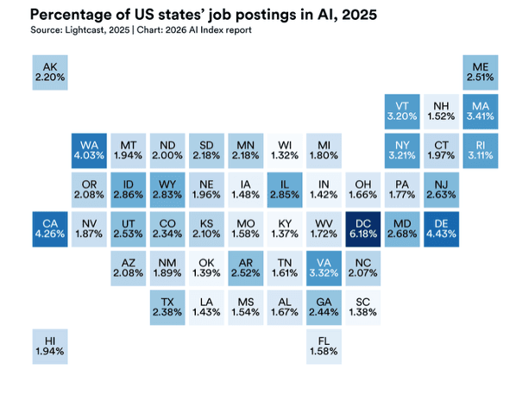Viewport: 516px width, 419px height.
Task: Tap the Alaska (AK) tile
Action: coord(48,72)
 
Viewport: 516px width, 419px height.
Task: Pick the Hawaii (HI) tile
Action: coord(48,345)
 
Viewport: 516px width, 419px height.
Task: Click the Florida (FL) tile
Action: coord(324,345)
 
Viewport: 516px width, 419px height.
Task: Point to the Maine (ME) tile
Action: coord(480,72)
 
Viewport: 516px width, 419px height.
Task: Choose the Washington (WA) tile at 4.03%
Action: coord(88,150)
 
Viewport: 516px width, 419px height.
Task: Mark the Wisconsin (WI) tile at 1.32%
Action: coord(284,150)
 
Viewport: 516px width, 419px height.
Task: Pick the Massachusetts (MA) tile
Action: coord(480,111)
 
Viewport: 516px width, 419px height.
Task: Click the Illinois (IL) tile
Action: coord(284,190)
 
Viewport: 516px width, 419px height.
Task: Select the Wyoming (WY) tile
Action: coord(167,190)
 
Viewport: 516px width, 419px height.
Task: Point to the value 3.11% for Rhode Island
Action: coord(480,156)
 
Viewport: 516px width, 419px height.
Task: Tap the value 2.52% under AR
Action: coord(245,274)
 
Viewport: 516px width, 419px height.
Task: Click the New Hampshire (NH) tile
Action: coord(441,111)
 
